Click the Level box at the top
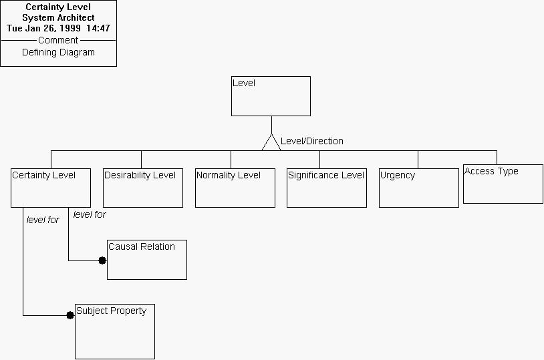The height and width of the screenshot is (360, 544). coord(271,96)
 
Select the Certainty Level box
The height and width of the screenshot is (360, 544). coord(51,188)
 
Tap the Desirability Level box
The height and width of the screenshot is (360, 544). coord(143,188)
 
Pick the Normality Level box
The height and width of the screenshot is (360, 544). coord(235,188)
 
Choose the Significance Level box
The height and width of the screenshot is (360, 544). coord(327,188)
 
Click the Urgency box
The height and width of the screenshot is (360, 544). coord(419,188)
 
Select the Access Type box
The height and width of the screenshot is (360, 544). coord(503,184)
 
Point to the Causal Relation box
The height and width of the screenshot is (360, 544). coord(147,259)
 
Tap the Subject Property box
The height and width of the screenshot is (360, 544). coord(115,331)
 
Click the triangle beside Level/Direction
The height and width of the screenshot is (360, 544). coord(271,143)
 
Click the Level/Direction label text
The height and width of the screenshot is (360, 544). coord(312,141)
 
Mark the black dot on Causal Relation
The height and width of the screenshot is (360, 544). coord(102,260)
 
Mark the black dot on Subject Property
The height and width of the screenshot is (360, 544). coord(70,315)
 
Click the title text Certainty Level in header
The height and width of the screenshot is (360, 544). coord(58,7)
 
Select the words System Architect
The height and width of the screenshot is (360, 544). coord(58,18)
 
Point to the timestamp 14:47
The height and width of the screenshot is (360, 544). coord(98,29)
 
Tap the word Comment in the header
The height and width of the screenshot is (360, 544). coord(58,40)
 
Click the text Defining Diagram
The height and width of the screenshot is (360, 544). coord(58,52)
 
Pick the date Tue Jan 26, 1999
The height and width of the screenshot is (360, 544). coord(43,29)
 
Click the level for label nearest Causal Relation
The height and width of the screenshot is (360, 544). coord(90,214)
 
